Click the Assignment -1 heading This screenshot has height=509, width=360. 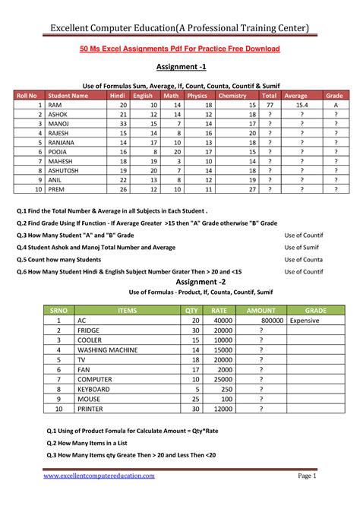[180, 67]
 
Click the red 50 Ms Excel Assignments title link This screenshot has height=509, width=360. [180, 49]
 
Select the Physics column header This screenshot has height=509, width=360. [197, 96]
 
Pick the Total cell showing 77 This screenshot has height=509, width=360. [269, 106]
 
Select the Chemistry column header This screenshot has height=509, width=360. [232, 96]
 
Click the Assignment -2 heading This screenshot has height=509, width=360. [180, 282]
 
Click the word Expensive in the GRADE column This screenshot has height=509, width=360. [305, 321]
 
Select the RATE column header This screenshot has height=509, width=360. [219, 311]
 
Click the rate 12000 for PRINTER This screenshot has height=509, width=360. [221, 408]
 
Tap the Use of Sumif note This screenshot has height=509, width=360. [304, 247]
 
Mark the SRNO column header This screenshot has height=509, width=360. [58, 311]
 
